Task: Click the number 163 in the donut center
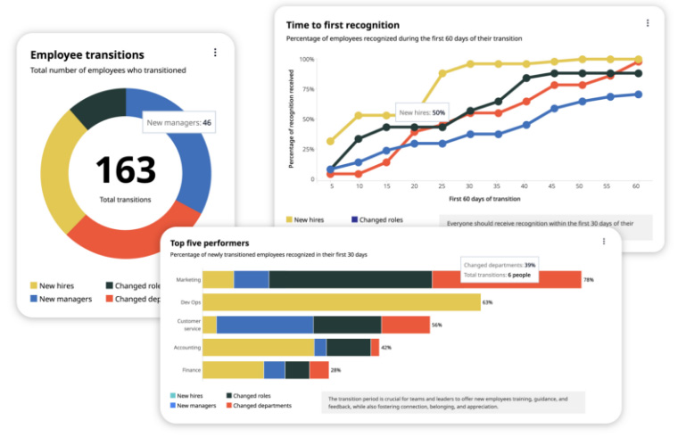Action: click(126, 169)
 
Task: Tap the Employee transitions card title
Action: click(87, 54)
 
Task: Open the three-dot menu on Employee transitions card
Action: click(215, 53)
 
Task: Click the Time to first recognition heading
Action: click(343, 25)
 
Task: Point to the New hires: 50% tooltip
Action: click(421, 113)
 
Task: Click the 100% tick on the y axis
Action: click(306, 60)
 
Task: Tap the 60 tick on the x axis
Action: click(637, 187)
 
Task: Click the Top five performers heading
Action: click(210, 243)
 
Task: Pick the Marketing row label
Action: click(188, 279)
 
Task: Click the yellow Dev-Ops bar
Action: click(342, 302)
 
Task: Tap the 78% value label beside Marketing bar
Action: click(589, 280)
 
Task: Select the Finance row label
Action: click(191, 369)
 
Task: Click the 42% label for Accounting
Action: click(386, 347)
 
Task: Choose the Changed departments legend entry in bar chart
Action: click(259, 406)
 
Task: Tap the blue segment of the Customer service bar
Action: click(265, 325)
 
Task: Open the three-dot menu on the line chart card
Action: click(648, 23)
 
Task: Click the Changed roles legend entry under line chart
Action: click(378, 219)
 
